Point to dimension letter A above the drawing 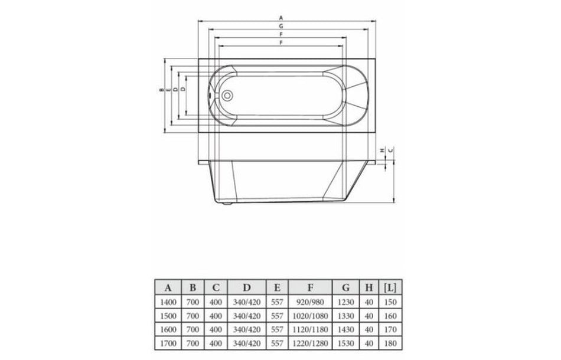pos(280,18)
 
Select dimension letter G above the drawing pos(280,27)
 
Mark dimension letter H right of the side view pos(383,150)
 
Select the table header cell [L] pos(390,288)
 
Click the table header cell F pos(309,288)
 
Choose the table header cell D pos(246,288)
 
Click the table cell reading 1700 pos(168,341)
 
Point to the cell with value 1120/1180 pos(309,328)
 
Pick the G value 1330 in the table pos(346,315)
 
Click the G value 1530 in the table pos(346,341)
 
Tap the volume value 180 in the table pos(390,341)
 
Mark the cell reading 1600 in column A pos(168,328)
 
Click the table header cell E pos(276,288)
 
